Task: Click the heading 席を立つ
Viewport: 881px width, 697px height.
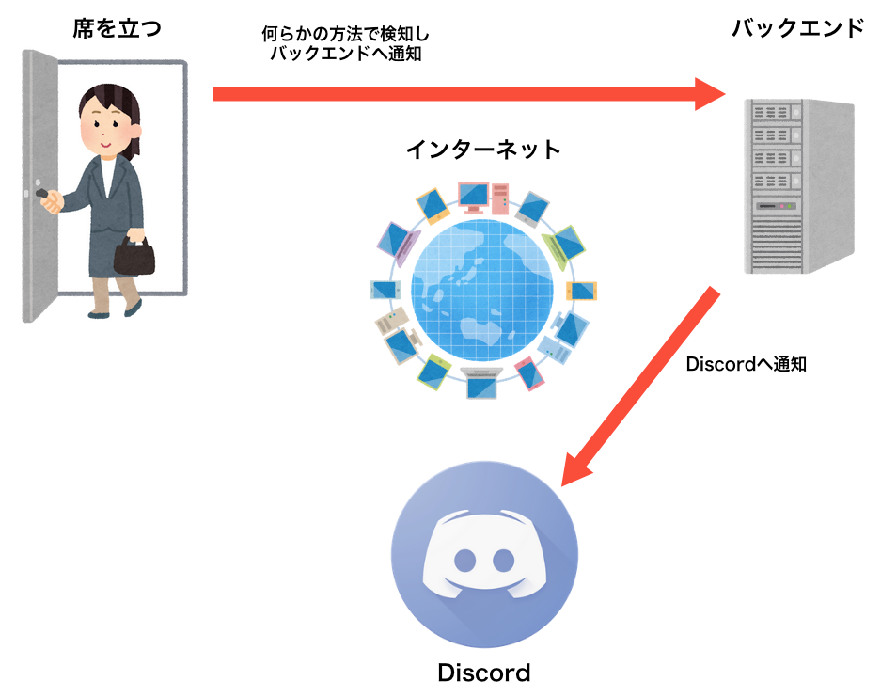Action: point(118,27)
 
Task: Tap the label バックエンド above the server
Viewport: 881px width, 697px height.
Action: point(796,27)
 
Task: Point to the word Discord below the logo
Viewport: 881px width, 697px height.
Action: point(484,673)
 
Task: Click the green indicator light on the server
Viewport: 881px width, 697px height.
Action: point(791,205)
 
